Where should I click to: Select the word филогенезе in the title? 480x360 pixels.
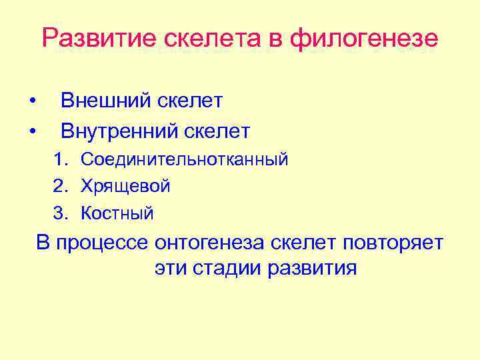click(364, 38)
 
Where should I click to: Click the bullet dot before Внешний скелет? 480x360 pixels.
click(31, 101)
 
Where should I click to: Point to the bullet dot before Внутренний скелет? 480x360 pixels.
click(31, 131)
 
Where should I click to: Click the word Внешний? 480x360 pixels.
click(107, 101)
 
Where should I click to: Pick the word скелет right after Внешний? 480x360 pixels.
click(191, 101)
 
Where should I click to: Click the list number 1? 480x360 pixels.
click(61, 159)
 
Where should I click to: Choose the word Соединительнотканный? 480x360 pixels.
click(185, 159)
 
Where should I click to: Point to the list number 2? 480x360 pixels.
click(61, 187)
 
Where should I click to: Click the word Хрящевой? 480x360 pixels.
click(125, 187)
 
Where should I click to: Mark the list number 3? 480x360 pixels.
click(61, 214)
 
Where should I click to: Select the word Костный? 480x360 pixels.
click(117, 214)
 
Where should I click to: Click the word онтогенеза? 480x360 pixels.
click(211, 243)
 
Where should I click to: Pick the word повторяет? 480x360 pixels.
click(393, 243)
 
